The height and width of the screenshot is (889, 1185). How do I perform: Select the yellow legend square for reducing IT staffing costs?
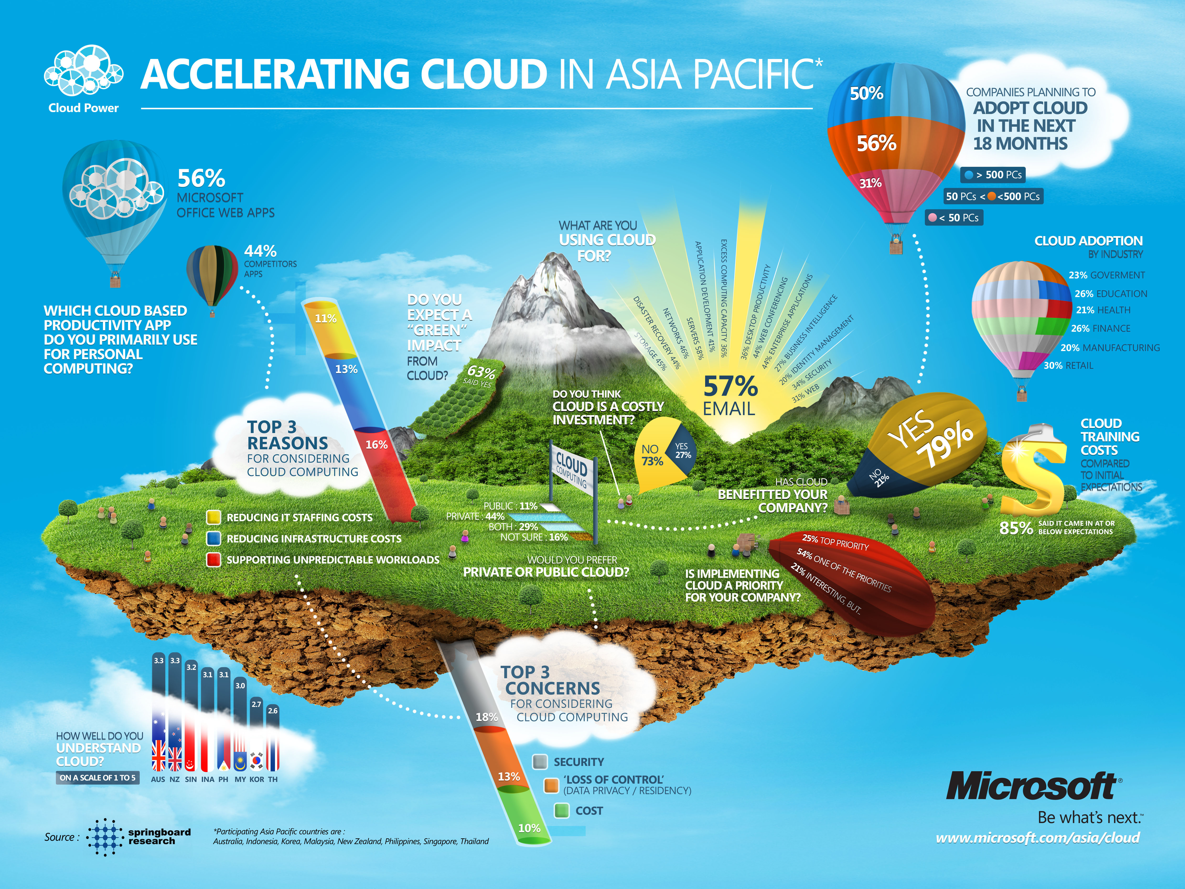point(214,517)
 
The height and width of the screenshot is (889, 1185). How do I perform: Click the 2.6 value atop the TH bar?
point(273,710)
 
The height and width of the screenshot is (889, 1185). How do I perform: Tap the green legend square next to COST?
point(561,810)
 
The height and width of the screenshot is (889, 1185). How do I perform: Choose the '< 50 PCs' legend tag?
point(954,217)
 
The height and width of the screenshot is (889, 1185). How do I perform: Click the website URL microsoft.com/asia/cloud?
point(1038,838)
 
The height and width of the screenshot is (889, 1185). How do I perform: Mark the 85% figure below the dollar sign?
point(1016,528)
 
